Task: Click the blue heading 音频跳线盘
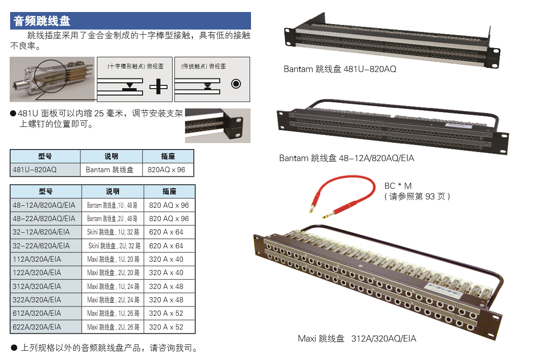pyautogui.click(x=42, y=21)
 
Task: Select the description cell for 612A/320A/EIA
pyautogui.click(x=113, y=313)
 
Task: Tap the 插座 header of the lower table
pyautogui.click(x=169, y=192)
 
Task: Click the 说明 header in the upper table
pyautogui.click(x=112, y=156)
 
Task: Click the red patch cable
pyautogui.click(x=343, y=196)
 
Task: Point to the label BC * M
pyautogui.click(x=398, y=186)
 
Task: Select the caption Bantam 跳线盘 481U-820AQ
pyautogui.click(x=340, y=69)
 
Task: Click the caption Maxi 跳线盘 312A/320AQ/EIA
pyautogui.click(x=357, y=339)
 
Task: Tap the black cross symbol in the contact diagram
pyautogui.click(x=158, y=86)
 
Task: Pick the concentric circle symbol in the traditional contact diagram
pyautogui.click(x=236, y=84)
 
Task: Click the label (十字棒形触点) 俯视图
pyautogui.click(x=135, y=66)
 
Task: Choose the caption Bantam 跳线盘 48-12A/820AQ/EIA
pyautogui.click(x=347, y=158)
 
